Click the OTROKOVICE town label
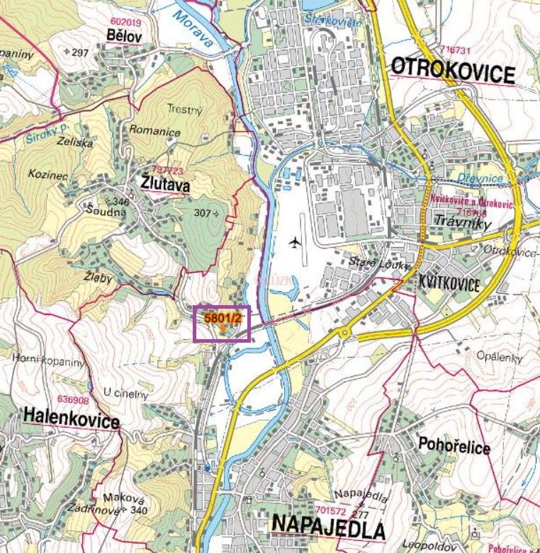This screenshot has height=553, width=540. coord(452,71)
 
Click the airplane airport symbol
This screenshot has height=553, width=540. coord(296,244)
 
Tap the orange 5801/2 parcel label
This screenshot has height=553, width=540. coord(223,319)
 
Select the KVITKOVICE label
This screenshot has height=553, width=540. coord(449,285)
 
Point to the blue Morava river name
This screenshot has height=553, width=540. coord(193,30)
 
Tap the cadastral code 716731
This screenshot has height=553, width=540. coord(455,50)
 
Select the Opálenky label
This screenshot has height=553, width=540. coord(499,357)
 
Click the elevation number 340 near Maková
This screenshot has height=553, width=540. coord(139,511)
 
